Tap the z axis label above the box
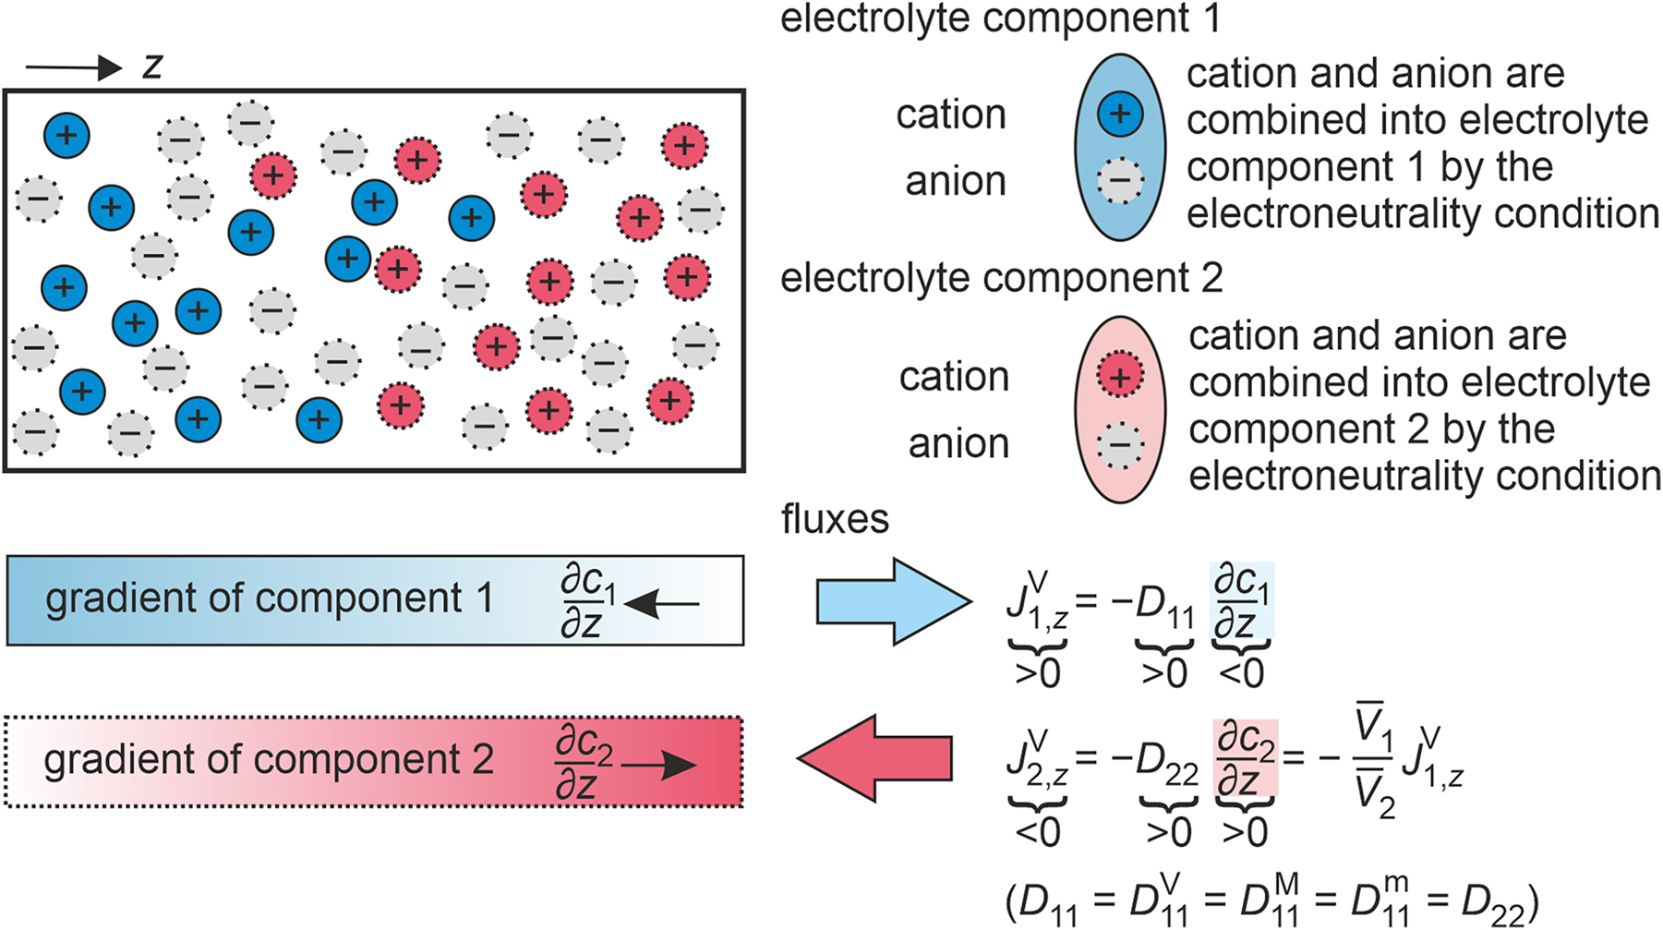pos(152,66)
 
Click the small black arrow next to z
pos(74,67)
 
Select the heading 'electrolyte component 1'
pos(1000,18)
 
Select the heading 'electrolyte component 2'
pos(1001,278)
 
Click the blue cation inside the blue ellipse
pos(1120,115)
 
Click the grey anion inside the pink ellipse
pos(1120,446)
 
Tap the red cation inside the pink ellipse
pos(1120,377)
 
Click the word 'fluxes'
pos(835,519)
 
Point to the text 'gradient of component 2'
pos(269,760)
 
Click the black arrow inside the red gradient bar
pos(659,765)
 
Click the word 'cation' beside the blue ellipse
pos(950,115)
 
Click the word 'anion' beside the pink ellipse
pos(958,444)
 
